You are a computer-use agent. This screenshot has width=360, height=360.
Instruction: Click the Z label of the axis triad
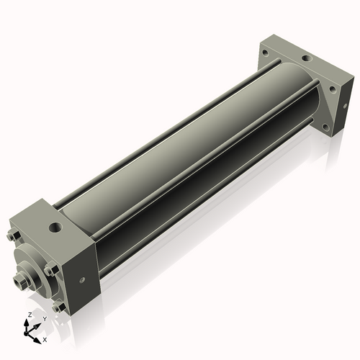28,315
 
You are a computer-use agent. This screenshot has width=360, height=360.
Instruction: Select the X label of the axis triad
45,338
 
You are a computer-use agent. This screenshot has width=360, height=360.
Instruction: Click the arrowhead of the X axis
40,336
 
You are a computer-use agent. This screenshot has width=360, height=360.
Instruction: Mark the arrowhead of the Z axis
29,322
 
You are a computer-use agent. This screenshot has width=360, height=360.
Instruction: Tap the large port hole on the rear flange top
306,58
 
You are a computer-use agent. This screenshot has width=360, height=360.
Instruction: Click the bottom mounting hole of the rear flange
325,127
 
